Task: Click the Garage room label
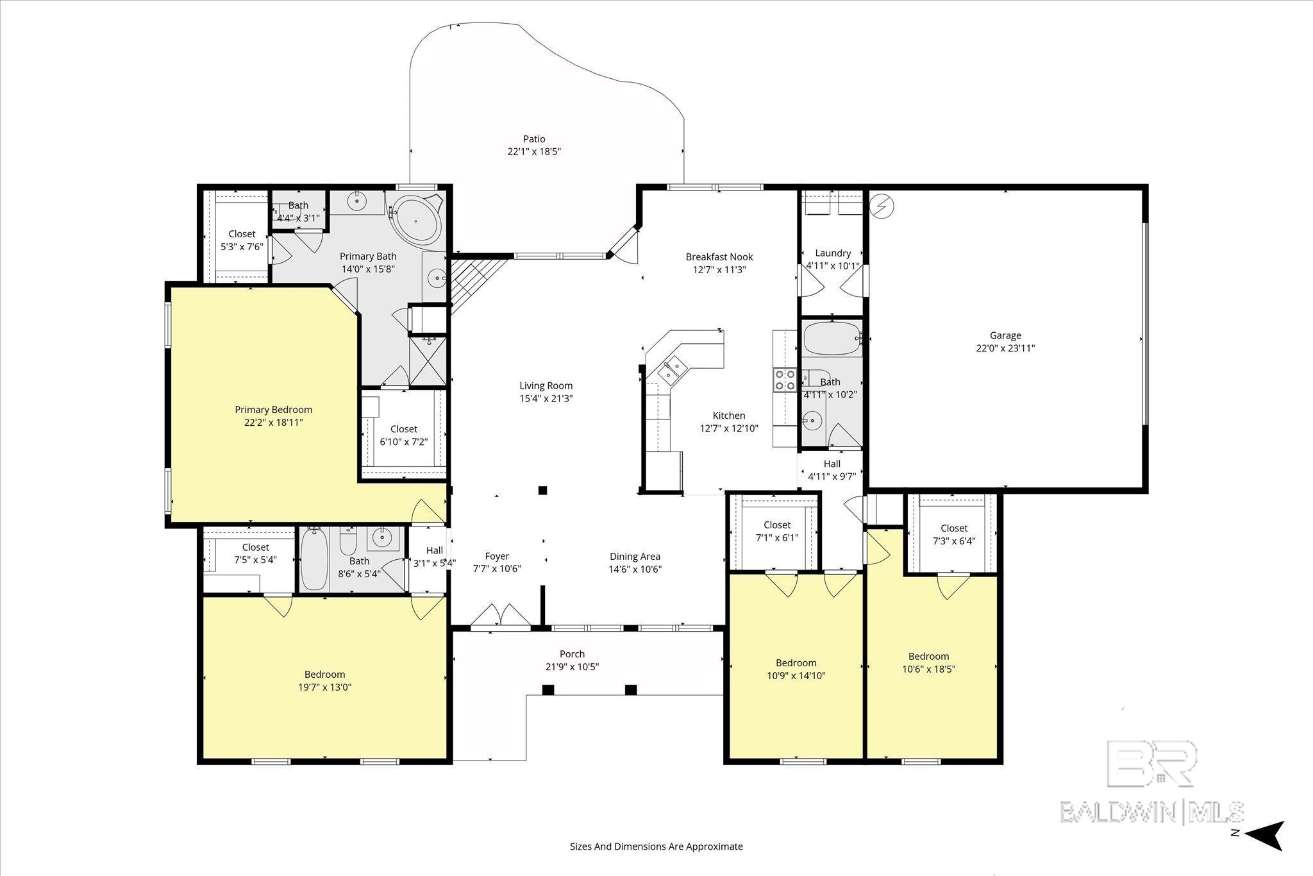pos(1005,335)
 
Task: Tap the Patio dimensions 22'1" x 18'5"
pos(534,152)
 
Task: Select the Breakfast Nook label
pos(719,257)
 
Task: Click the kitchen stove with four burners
pos(785,380)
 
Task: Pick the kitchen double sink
pos(669,369)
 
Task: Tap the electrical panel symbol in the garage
pos(882,206)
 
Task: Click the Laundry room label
pos(833,253)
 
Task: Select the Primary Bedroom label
pos(273,410)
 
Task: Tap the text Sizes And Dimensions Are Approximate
pos(656,847)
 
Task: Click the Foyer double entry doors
pos(501,616)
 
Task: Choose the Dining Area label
pos(635,557)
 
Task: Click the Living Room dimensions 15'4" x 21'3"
pos(546,398)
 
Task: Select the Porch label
pos(572,654)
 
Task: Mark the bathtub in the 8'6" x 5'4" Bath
pos(314,559)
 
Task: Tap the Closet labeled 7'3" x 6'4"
pos(954,534)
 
